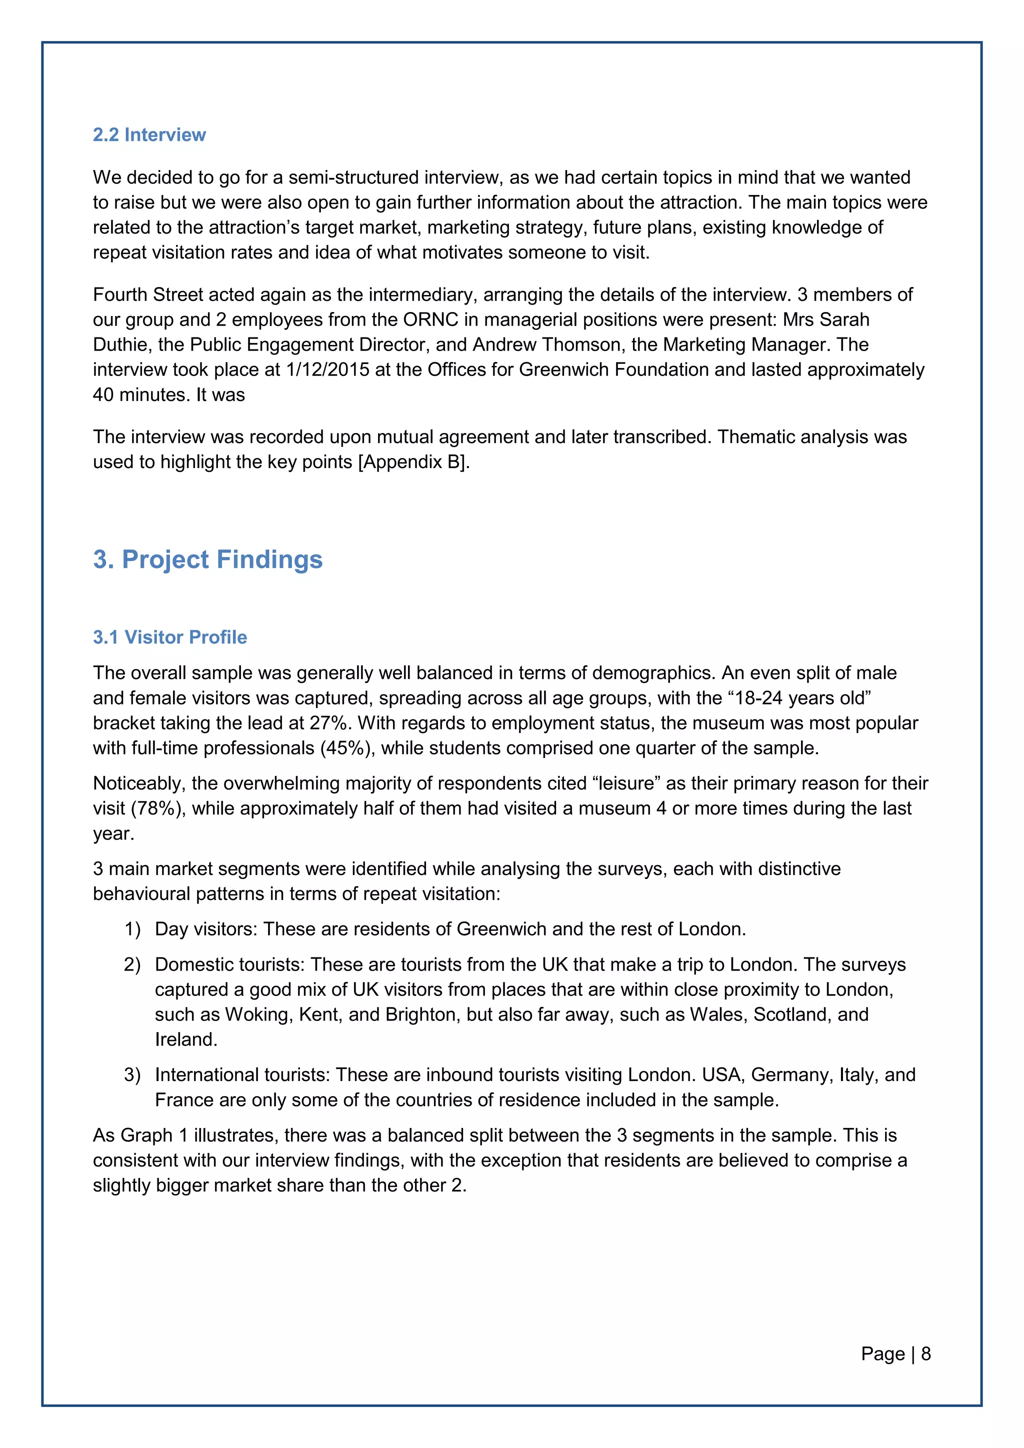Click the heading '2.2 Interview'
coord(149,135)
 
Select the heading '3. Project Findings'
coord(207,559)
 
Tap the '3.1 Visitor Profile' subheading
coord(169,637)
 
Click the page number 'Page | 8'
coord(895,1353)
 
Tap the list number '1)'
coord(132,929)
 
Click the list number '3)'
coord(132,1074)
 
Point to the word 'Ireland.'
coord(186,1039)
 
